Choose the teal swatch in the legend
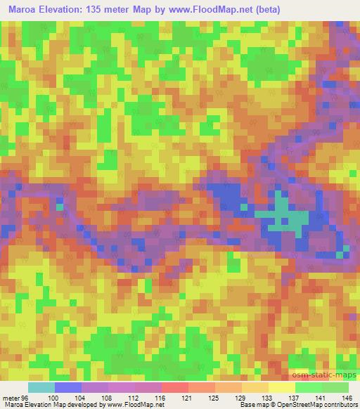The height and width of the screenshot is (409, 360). pos(41,388)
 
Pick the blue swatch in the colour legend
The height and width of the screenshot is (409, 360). pos(67,388)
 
